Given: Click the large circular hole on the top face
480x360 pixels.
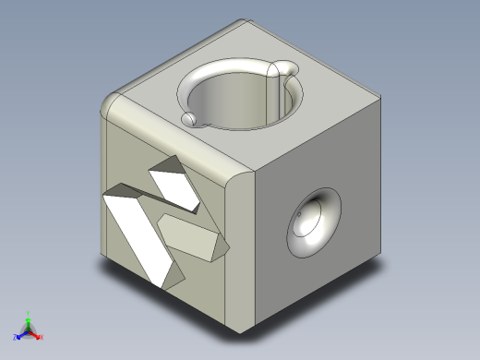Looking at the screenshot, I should [x=238, y=100].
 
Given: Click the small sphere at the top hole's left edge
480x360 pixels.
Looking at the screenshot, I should [x=188, y=119].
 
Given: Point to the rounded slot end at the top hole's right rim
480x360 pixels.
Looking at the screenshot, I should [x=288, y=66].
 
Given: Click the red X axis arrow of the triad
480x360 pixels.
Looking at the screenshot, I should [x=40, y=337].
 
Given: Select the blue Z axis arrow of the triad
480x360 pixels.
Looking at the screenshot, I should [x=18, y=336].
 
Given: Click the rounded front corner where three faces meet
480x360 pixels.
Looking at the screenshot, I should [x=242, y=175].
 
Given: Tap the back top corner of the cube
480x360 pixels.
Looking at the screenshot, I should [x=247, y=23].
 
